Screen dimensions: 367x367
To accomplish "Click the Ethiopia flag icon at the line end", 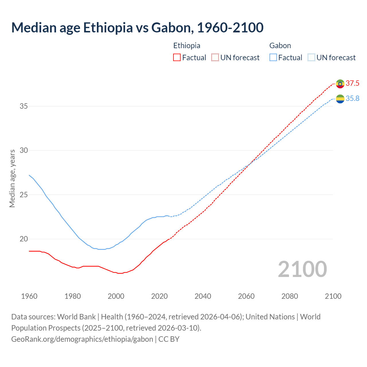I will tap(340, 84).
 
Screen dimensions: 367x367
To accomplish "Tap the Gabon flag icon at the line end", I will tap(340, 99).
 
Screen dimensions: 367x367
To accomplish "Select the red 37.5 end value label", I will tap(352, 83).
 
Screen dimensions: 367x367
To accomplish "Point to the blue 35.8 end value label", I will tap(352, 99).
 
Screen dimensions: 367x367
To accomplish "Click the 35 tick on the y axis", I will tap(24, 106).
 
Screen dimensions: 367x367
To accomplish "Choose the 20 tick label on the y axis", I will tap(24, 239).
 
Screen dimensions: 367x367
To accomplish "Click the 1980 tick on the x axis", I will tap(73, 296).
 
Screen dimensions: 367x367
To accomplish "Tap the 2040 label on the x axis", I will tap(203, 296).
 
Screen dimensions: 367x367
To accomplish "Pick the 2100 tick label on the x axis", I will tap(333, 296).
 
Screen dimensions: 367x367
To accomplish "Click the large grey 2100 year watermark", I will tap(302, 269).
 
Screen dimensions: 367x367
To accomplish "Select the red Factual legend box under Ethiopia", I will tap(177, 58).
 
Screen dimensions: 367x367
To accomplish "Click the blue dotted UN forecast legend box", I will tap(311, 58).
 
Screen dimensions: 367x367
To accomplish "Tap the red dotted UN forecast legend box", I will tap(215, 58).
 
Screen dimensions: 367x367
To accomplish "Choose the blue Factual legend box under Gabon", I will tap(273, 58).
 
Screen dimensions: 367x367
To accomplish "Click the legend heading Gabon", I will tap(280, 46).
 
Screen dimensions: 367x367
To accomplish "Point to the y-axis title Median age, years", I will tap(12, 178).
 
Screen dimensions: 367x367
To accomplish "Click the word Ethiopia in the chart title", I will tap(108, 28).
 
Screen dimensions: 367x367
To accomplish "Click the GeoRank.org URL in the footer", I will tap(82, 339).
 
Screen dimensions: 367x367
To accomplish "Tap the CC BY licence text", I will tap(169, 339).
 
